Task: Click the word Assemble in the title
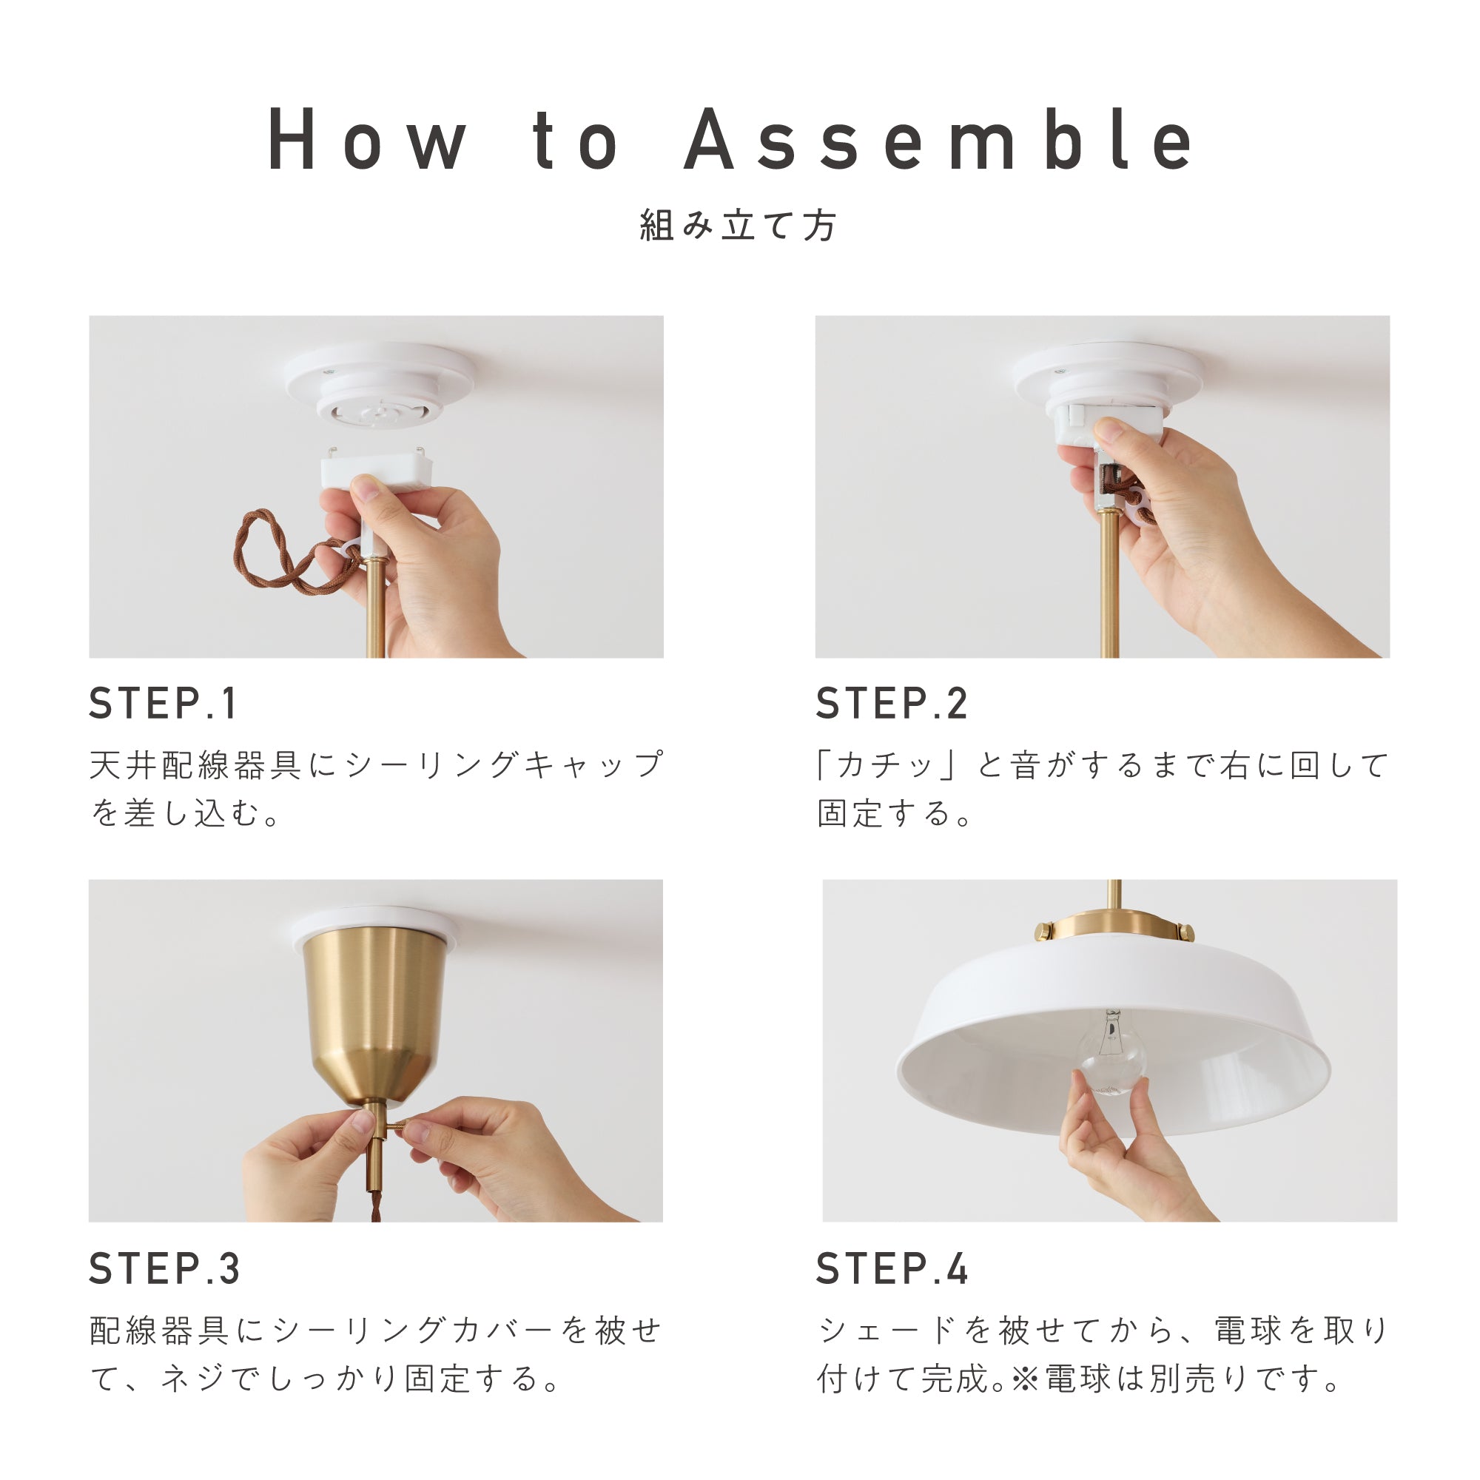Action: tap(938, 140)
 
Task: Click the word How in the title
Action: tap(366, 140)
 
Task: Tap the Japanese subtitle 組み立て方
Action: tap(739, 226)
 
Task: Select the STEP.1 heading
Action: tap(163, 703)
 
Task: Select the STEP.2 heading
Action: tap(892, 703)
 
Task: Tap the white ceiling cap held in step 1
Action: tap(375, 470)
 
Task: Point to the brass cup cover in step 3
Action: tap(373, 1011)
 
